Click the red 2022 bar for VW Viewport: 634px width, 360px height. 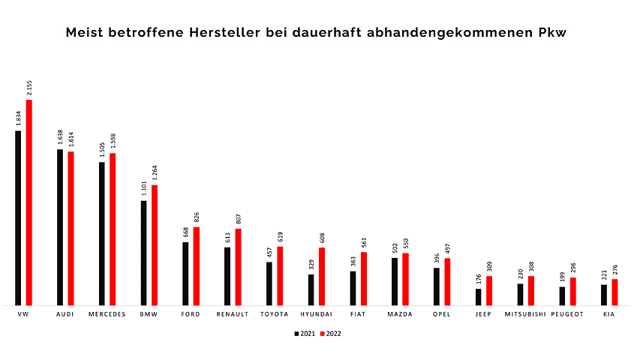click(x=29, y=202)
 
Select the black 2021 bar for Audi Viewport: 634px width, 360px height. click(x=60, y=227)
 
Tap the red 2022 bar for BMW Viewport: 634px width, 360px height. click(x=155, y=245)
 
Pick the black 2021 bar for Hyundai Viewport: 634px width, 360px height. click(x=311, y=289)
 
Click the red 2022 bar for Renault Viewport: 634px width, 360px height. click(x=238, y=267)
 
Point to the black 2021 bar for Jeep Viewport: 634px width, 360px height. click(x=478, y=297)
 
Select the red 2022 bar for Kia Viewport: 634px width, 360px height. click(x=614, y=292)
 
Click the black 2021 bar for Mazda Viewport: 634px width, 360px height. click(x=395, y=281)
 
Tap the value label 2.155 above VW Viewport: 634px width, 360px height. click(x=29, y=88)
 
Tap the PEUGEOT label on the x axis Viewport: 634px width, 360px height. click(x=566, y=314)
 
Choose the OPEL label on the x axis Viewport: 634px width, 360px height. click(x=441, y=314)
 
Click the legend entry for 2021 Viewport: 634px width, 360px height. click(x=304, y=334)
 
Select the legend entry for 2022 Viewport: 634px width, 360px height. click(x=330, y=334)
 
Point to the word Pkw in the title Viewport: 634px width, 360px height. click(x=553, y=33)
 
